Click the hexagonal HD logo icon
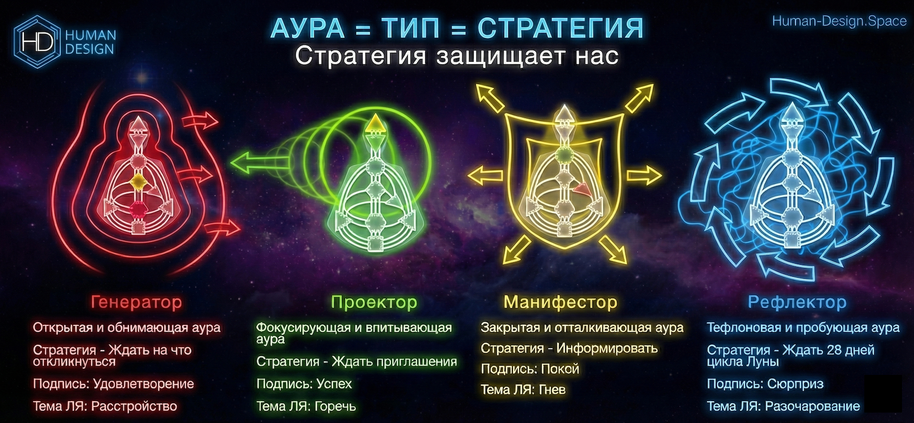(38, 41)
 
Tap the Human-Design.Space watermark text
(839, 21)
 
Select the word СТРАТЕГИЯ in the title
(560, 28)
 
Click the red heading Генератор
(136, 302)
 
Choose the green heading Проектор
(374, 302)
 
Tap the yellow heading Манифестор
(560, 302)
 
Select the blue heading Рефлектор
(797, 302)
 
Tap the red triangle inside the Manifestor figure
(582, 190)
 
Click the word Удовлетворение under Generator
(143, 384)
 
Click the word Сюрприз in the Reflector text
(795, 384)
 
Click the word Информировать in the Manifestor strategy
(607, 348)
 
